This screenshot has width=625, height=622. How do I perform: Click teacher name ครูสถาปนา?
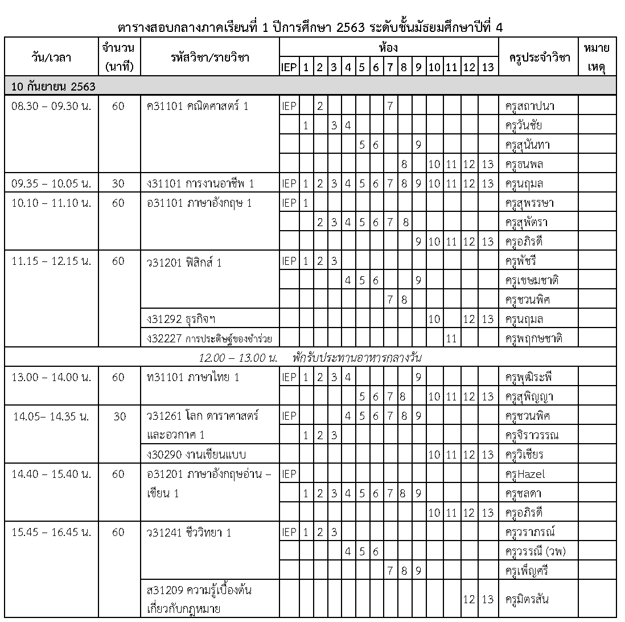(x=529, y=106)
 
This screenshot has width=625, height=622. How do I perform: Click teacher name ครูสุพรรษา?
(x=529, y=203)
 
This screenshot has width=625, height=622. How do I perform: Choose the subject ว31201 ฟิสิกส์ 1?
(x=184, y=261)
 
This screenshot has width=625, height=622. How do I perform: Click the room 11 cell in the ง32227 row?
(x=451, y=339)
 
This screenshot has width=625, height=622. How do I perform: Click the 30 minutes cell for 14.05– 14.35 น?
(x=119, y=416)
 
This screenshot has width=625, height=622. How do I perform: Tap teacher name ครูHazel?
(x=525, y=474)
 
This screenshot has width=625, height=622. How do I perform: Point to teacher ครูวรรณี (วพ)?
(x=535, y=552)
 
